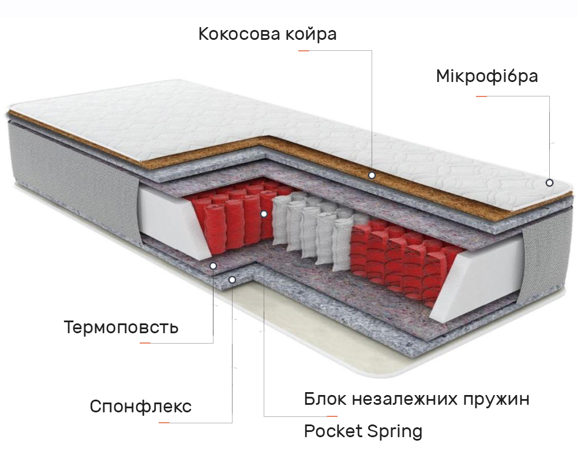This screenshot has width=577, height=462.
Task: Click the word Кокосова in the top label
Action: coord(239,34)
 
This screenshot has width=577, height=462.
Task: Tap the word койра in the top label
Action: coord(311,35)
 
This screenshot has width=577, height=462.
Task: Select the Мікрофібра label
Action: coord(487,77)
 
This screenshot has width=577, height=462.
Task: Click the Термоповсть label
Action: coord(121,327)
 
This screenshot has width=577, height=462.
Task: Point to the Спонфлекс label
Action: coord(141,407)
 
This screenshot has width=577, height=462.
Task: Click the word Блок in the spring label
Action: coord(325,398)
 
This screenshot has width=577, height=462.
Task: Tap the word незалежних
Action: coord(404,400)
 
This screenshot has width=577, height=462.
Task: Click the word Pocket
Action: coord(333,431)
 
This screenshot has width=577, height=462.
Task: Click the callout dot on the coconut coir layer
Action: coord(372,176)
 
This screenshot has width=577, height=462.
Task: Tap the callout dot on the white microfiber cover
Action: coord(549,182)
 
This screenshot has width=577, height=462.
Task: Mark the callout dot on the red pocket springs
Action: coord(264,214)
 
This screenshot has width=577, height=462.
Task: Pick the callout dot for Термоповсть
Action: coord(213,266)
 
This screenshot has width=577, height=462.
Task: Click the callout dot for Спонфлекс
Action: coord(232,280)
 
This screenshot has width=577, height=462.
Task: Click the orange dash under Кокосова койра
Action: coord(304,50)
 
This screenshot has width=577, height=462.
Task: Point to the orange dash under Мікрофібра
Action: coord(481,96)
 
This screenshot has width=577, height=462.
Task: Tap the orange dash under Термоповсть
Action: coord(145,343)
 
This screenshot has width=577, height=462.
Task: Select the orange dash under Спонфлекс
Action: coord(164,423)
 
